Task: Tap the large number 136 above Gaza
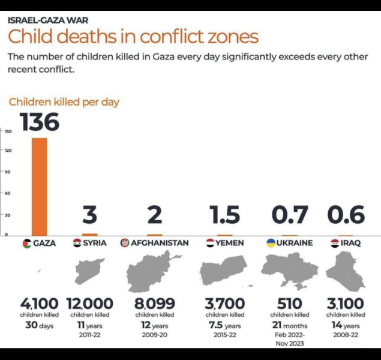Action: (x=40, y=122)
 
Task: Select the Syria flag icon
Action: (x=77, y=243)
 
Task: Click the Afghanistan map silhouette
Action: (x=153, y=271)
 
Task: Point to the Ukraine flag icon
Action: (x=271, y=243)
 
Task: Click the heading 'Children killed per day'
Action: (x=63, y=102)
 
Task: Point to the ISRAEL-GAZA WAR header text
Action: (x=48, y=20)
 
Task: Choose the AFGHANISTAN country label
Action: (x=159, y=243)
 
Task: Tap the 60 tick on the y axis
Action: (x=8, y=193)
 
